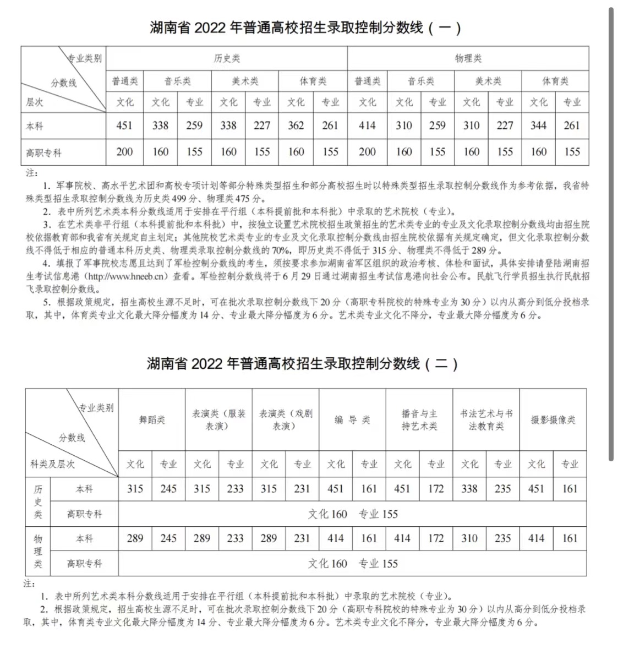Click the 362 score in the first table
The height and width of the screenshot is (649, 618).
[x=296, y=126]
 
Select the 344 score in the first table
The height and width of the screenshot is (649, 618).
[x=539, y=126]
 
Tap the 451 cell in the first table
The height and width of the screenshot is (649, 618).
[x=124, y=126]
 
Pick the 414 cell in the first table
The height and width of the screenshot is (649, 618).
[x=367, y=126]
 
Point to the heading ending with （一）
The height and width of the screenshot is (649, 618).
[x=305, y=28]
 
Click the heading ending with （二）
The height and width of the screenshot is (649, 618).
[x=302, y=363]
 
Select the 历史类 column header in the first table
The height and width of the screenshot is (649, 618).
[x=227, y=58]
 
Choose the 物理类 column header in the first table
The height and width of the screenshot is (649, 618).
[x=468, y=58]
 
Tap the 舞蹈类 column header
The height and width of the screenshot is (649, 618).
[x=152, y=419]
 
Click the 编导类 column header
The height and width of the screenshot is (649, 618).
[x=352, y=419]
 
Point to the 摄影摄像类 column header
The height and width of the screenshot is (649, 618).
[x=553, y=419]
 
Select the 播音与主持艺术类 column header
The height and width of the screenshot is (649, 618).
[x=419, y=419]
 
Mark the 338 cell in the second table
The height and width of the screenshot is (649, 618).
[x=469, y=489]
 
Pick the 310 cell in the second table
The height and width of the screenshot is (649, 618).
[x=469, y=538]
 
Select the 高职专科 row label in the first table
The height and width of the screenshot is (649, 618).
[x=44, y=152]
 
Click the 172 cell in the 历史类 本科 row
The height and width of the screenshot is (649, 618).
[x=436, y=489]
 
